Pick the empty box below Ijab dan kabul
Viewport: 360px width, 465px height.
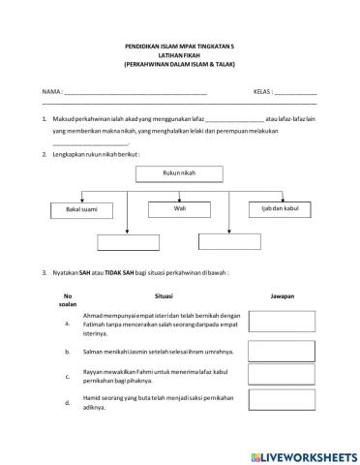click(x=228, y=241)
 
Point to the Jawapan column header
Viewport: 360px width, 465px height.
click(x=282, y=296)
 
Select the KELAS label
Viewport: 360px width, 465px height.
click(x=261, y=90)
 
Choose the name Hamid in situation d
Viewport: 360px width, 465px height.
click(x=94, y=396)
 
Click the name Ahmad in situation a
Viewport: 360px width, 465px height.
click(x=95, y=316)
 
